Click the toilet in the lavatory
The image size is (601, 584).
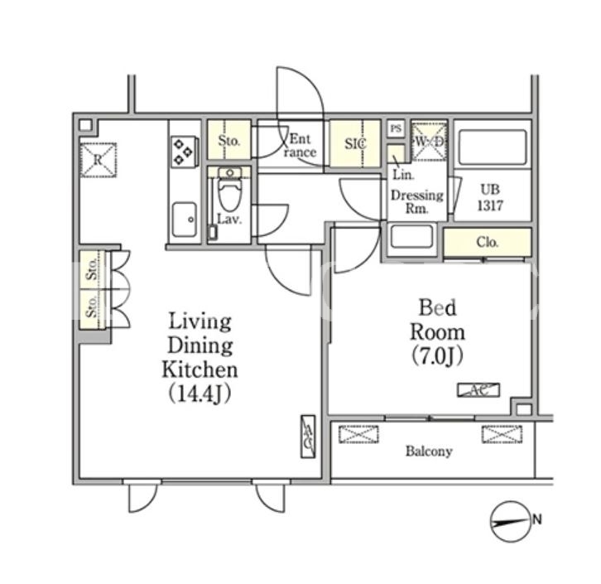(x=229, y=189)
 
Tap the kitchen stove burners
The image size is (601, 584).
(x=183, y=152)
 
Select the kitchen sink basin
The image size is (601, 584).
(x=185, y=220)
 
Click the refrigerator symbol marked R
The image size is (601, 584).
(x=99, y=160)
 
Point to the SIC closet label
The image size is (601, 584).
(x=355, y=143)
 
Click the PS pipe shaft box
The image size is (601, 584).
(x=396, y=128)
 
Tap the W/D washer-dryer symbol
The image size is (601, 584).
(x=430, y=141)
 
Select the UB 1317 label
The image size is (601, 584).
(x=490, y=198)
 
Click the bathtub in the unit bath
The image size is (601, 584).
(x=493, y=147)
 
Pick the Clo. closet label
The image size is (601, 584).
(x=487, y=242)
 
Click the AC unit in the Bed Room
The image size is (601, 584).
(x=478, y=390)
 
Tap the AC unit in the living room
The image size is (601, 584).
(x=308, y=437)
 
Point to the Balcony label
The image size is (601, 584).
(x=429, y=451)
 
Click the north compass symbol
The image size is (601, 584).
(x=512, y=522)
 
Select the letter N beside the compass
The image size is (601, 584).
(x=537, y=519)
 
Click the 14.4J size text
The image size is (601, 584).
(x=200, y=393)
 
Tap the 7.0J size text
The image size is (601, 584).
(x=437, y=356)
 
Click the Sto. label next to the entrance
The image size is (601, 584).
(x=228, y=141)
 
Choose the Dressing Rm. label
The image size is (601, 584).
(x=417, y=201)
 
